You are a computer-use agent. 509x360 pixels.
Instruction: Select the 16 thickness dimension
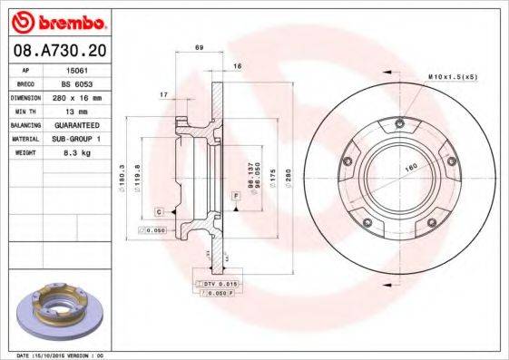[x=237, y=66]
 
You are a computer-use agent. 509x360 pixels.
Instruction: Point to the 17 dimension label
[x=162, y=93]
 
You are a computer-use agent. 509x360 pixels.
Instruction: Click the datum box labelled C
[x=160, y=211]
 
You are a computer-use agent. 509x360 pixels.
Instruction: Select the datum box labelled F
[x=235, y=196]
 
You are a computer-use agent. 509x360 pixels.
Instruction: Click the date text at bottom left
[x=62, y=355]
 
